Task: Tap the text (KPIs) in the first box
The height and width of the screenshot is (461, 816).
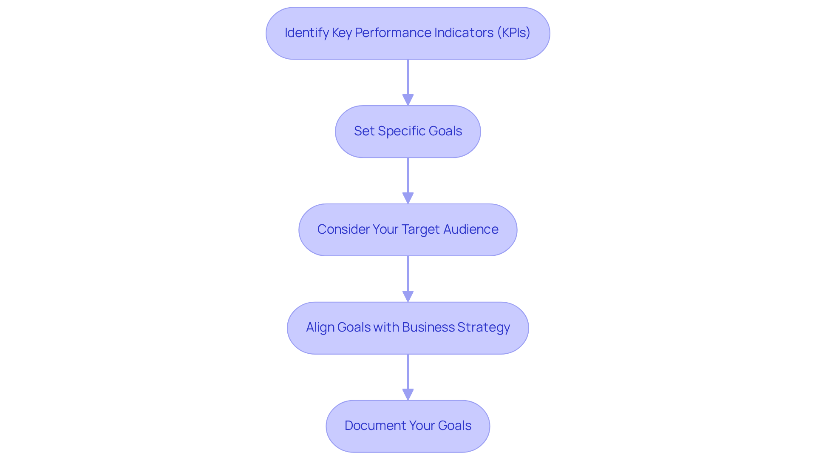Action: click(x=513, y=33)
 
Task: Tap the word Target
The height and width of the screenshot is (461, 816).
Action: click(x=420, y=229)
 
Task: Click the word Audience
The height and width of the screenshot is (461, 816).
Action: click(x=471, y=229)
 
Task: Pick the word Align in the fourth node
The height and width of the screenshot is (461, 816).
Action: click(x=320, y=327)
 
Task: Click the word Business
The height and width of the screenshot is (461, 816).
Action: click(x=428, y=327)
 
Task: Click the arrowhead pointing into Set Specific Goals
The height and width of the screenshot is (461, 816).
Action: click(x=408, y=100)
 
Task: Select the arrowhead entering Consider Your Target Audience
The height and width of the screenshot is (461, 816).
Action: click(x=408, y=198)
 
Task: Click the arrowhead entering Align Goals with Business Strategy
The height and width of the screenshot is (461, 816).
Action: click(x=408, y=297)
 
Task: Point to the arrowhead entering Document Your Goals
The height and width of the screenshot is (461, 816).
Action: click(x=408, y=395)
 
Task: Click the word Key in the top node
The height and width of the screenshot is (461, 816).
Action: click(x=341, y=33)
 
